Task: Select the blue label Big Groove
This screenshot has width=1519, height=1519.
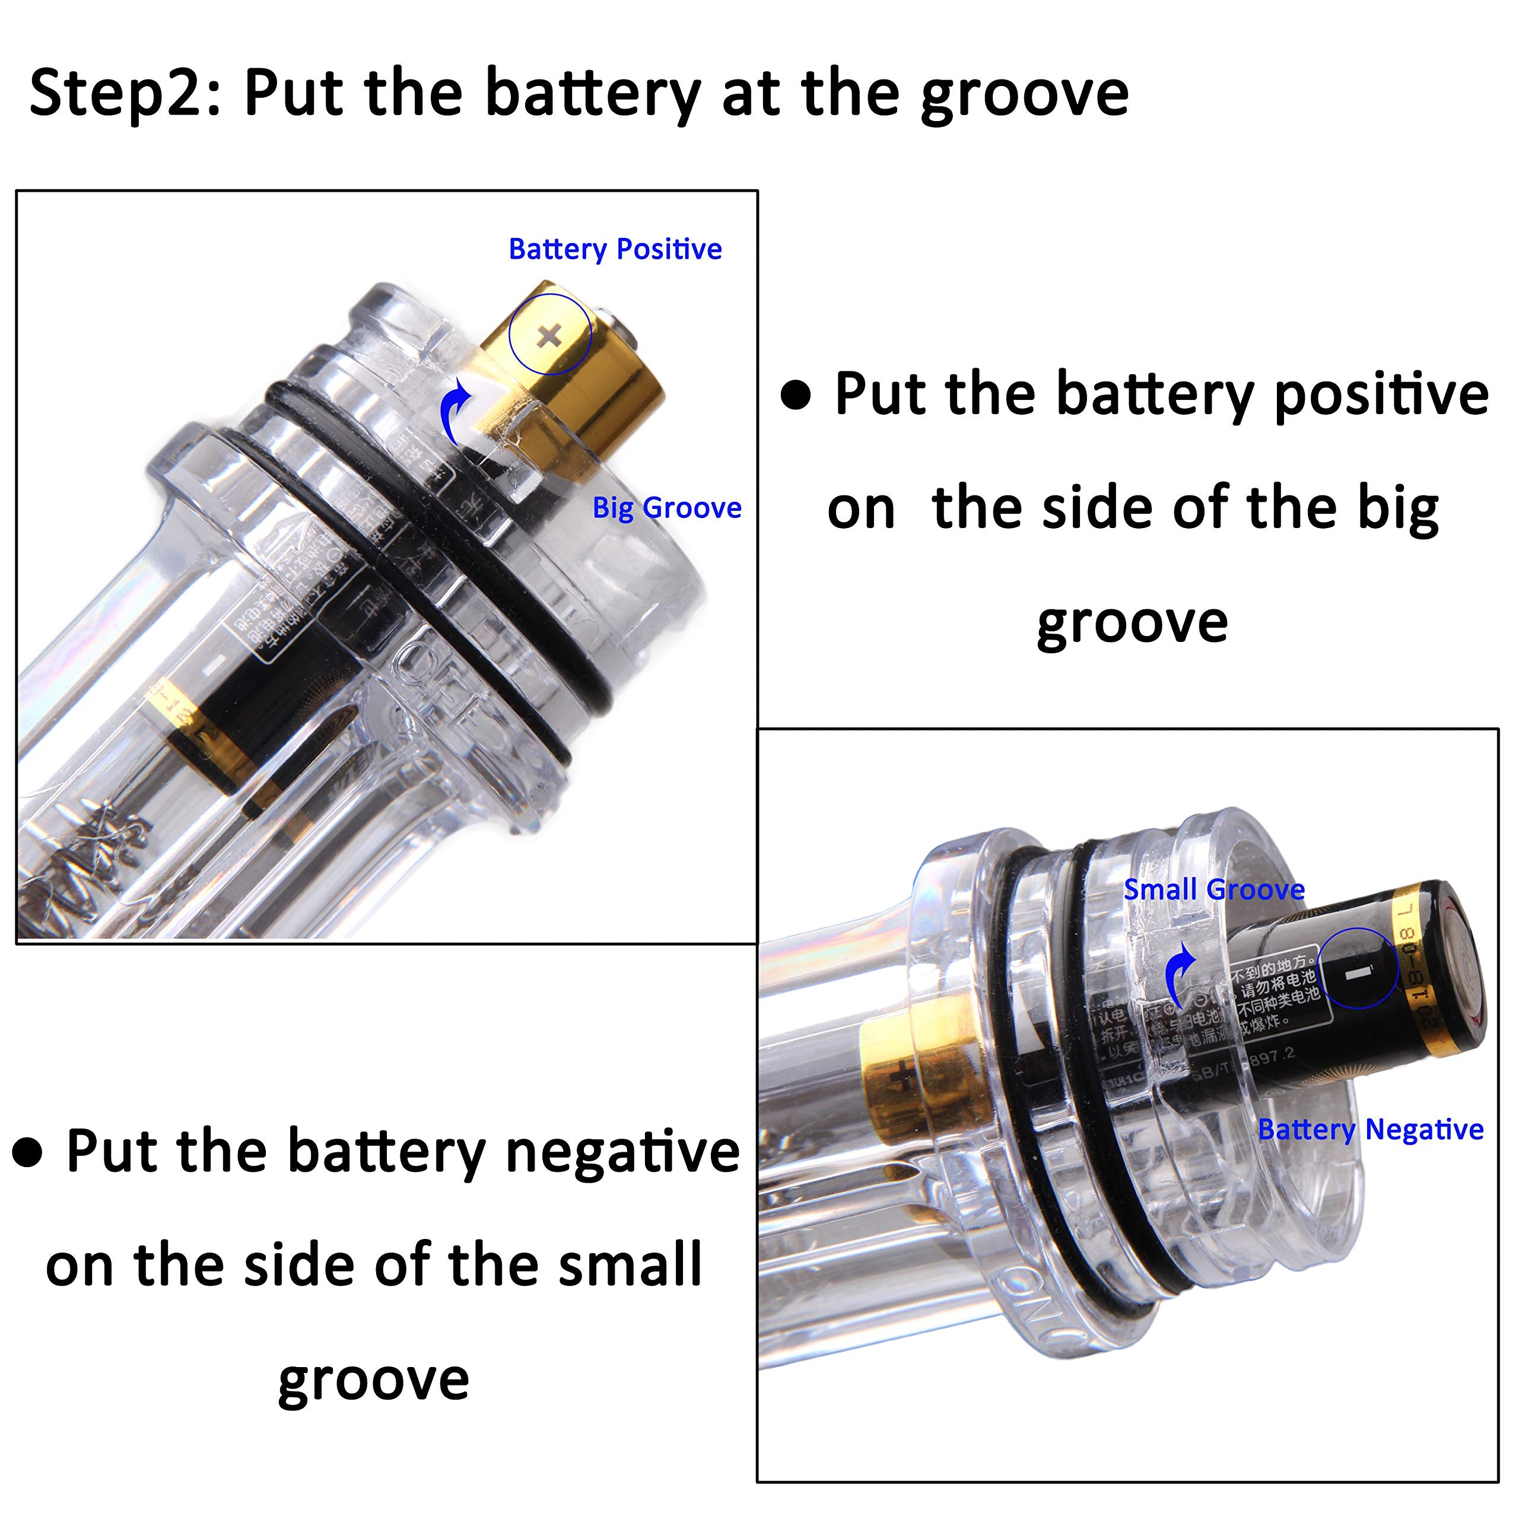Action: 667,508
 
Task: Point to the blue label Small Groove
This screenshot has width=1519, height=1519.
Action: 1214,889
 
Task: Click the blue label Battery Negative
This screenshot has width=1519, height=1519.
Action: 1371,1130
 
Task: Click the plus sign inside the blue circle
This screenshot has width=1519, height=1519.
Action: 549,336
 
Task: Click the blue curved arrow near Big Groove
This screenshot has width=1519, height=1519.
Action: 455,409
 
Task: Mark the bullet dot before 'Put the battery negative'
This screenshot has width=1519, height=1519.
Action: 27,1153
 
